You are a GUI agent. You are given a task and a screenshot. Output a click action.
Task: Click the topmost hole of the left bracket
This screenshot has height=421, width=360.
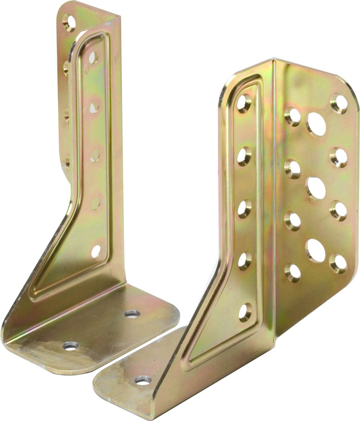69,22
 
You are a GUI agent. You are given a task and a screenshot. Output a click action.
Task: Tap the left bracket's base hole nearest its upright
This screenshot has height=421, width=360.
132,314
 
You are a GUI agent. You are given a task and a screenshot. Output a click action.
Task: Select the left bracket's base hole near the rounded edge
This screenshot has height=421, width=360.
70,346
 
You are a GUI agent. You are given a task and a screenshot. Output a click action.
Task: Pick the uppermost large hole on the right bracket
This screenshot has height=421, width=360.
316,124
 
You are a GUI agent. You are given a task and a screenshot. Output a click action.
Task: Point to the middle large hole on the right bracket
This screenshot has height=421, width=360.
316,188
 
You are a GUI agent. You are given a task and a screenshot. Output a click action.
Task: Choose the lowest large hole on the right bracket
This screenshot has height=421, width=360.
315,250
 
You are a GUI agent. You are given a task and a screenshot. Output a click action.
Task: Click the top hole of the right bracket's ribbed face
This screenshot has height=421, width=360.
244,104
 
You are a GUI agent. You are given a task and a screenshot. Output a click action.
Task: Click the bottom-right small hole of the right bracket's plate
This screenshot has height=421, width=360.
339,263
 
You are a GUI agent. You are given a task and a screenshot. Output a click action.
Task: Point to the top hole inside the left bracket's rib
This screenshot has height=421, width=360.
92,57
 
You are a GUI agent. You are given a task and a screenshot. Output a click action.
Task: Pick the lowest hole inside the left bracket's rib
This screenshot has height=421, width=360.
96,251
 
